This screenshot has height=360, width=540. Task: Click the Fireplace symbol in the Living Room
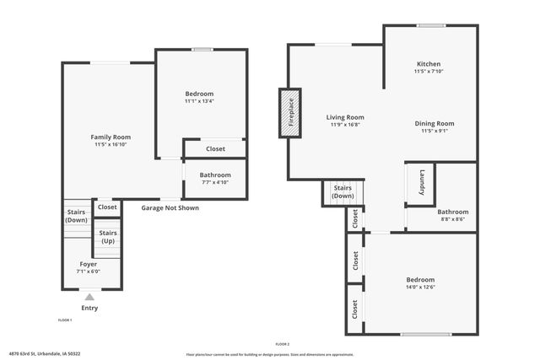click(x=291, y=112)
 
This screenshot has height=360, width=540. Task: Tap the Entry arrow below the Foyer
click(x=89, y=297)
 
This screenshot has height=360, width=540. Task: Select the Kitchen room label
click(x=429, y=64)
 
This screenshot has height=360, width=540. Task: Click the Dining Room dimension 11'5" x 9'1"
click(x=435, y=131)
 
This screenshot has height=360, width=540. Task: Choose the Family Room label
click(x=111, y=137)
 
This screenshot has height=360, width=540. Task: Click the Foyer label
click(x=89, y=264)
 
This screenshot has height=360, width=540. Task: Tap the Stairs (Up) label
click(x=108, y=236)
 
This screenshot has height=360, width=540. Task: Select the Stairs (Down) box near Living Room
click(x=343, y=192)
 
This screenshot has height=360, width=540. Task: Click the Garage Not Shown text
click(x=170, y=207)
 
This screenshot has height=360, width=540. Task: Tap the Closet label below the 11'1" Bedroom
click(x=215, y=148)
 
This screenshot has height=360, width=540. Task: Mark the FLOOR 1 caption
click(x=65, y=320)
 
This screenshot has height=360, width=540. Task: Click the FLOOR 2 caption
click(x=282, y=344)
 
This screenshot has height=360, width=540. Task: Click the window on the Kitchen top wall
click(x=431, y=25)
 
